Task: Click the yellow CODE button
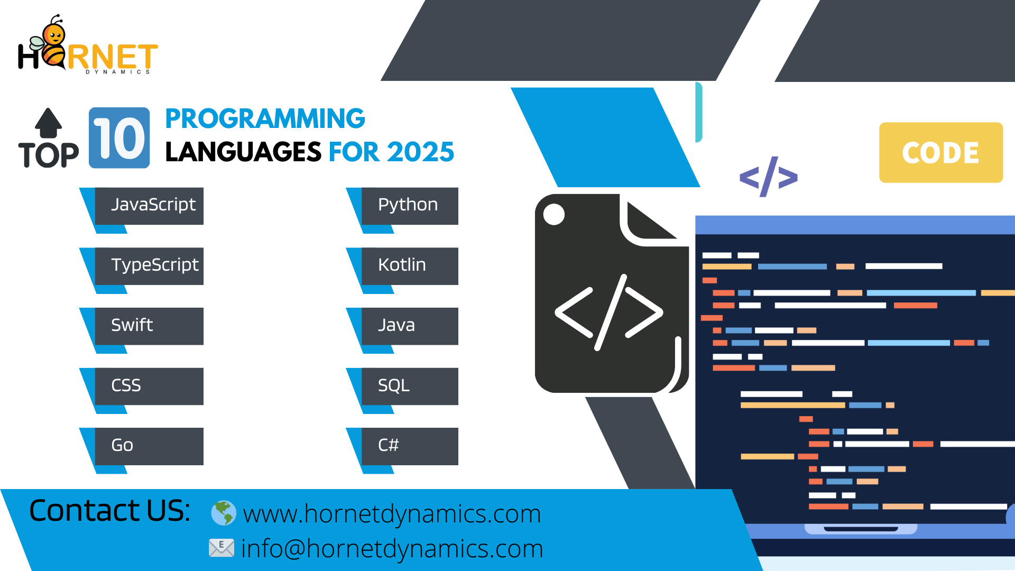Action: (941, 153)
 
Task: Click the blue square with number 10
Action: (119, 138)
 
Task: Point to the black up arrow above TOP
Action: (49, 123)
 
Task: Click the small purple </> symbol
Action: (769, 177)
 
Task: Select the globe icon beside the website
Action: (224, 513)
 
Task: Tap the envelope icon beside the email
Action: (222, 548)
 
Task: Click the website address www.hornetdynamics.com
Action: (392, 514)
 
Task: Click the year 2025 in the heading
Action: (420, 152)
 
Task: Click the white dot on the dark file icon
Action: (554, 214)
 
